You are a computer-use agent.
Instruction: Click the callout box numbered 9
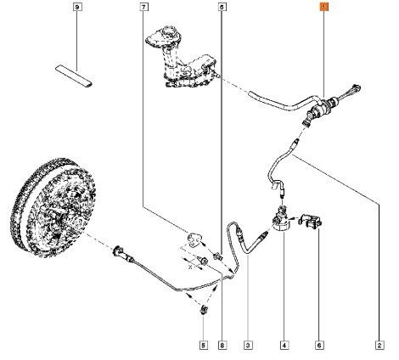coord(77,7)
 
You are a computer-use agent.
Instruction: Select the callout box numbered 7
coord(143,7)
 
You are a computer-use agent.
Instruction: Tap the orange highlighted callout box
coord(323,7)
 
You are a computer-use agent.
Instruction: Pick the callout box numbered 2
coord(379,346)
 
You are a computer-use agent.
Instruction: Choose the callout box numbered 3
coord(248,346)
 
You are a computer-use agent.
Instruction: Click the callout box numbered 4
coord(284,346)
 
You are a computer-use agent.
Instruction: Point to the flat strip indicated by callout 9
coord(74,76)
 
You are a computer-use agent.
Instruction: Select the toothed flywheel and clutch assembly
coord(53,207)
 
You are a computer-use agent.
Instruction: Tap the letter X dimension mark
coord(190,267)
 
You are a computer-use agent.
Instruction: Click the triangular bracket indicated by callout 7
coord(194,239)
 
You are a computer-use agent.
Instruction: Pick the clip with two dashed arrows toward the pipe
coord(204,310)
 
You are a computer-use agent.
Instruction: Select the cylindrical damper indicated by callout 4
coord(281,220)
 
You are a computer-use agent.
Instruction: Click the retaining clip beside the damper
coord(311,221)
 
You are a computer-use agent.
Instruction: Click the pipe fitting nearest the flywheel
coord(119,251)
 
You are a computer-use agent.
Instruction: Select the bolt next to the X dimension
coord(204,261)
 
